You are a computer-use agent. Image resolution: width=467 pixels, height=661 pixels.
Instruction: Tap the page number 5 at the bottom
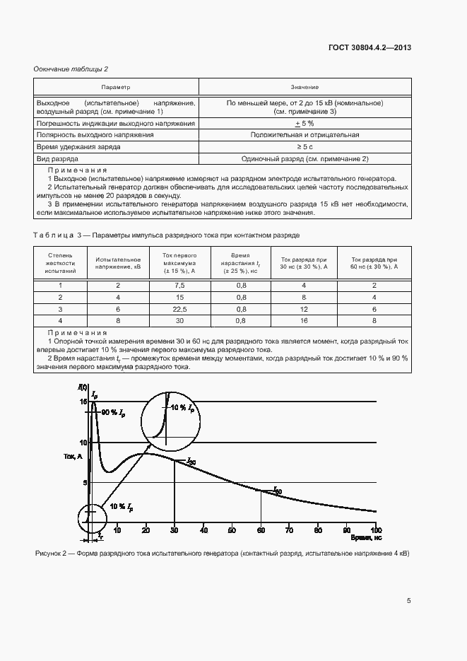click(409, 601)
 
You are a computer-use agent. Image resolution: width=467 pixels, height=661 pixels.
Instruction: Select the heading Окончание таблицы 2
click(71, 69)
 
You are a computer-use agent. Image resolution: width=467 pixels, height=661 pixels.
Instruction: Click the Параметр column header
click(116, 87)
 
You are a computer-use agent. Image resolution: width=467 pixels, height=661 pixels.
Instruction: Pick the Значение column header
click(305, 87)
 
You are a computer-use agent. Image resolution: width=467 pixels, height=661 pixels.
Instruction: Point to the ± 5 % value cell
click(305, 124)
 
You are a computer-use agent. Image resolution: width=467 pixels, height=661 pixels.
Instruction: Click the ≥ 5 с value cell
click(305, 147)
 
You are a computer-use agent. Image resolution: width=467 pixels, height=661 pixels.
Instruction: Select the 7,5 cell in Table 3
click(179, 285)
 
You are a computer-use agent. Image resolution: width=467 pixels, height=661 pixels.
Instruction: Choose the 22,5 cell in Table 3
click(179, 309)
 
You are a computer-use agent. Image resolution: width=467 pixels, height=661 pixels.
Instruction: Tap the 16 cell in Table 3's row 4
click(304, 321)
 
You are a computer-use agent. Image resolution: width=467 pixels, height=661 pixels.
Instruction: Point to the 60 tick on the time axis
click(261, 530)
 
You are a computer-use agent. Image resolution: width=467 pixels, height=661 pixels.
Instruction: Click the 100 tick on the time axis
click(375, 530)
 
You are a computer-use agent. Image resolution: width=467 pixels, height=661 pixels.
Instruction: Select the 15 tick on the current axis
click(83, 402)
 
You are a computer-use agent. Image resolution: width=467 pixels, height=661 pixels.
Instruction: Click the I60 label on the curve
click(277, 490)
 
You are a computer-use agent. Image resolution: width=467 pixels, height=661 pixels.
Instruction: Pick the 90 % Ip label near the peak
click(113, 411)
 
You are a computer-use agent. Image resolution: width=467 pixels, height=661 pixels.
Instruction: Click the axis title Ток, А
click(73, 457)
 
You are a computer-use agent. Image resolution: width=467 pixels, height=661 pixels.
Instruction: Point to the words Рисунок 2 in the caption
click(52, 553)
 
